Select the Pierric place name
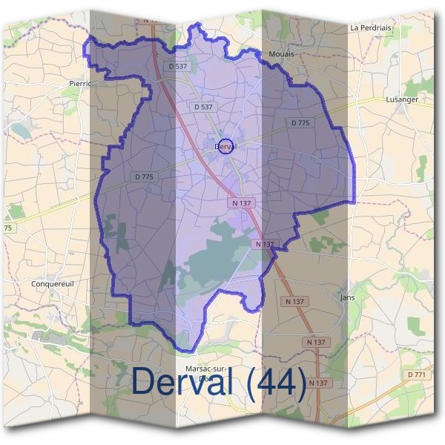click(79, 84)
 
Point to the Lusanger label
click(403, 99)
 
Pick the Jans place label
click(347, 297)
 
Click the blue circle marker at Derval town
click(227, 146)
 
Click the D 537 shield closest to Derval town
click(203, 107)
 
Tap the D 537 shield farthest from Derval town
click(179, 67)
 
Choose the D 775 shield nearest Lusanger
click(300, 122)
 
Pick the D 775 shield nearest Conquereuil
click(145, 177)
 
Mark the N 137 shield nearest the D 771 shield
click(318, 382)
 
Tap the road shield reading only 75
click(7, 228)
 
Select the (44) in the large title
click(276, 381)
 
